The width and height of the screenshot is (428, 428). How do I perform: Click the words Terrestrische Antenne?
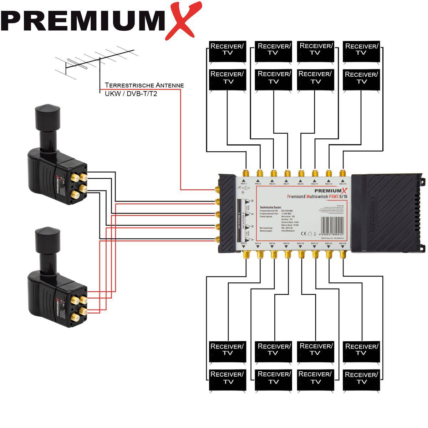(144, 85)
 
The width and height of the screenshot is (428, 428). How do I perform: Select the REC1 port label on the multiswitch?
(244, 184)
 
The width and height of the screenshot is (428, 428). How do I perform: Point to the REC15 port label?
(342, 184)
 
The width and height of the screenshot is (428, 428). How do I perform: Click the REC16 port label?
(342, 243)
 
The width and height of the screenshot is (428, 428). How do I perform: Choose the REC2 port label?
(244, 243)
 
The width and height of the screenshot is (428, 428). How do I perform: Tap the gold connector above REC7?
(287, 174)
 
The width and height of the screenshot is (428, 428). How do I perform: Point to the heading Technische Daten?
(271, 207)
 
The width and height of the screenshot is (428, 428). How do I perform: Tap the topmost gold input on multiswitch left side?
(217, 189)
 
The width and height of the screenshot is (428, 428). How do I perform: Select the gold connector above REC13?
(329, 174)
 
